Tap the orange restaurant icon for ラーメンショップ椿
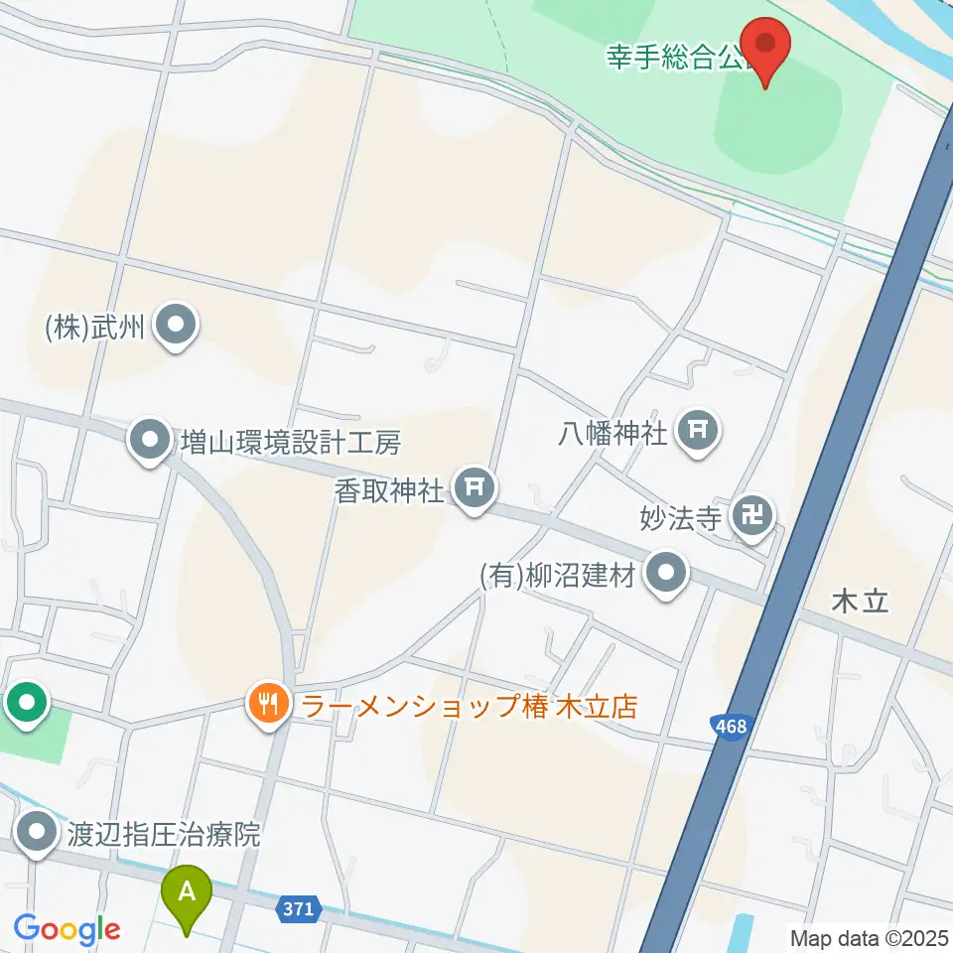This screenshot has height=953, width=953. (x=267, y=706)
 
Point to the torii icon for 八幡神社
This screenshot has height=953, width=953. (x=698, y=430)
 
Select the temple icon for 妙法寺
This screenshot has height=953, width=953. (x=752, y=515)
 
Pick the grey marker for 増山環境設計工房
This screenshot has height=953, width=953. (x=150, y=439)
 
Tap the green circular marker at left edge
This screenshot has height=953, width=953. (x=26, y=704)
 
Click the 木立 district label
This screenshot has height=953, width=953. (x=861, y=602)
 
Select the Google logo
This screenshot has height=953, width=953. (x=67, y=930)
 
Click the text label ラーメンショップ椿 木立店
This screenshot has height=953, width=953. (x=469, y=707)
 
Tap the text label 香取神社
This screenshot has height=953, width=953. (x=390, y=490)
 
